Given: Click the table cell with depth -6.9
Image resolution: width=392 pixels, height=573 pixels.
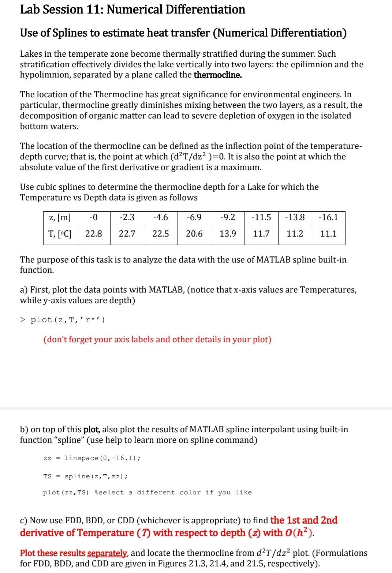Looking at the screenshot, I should tap(194, 218).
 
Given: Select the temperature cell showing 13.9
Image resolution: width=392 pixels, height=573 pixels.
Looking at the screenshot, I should tap(228, 234).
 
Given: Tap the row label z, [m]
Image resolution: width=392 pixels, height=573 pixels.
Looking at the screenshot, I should tap(60, 218).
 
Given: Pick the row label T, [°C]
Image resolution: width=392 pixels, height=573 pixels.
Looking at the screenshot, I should tap(60, 234).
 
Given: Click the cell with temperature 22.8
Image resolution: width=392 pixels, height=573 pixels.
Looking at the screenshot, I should tap(94, 234).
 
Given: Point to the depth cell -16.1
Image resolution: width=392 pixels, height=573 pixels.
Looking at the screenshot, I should tap(328, 218).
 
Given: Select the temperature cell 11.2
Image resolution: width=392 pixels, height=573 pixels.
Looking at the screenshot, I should tap(295, 234).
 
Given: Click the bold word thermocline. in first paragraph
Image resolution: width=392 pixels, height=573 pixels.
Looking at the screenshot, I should tap(218, 75).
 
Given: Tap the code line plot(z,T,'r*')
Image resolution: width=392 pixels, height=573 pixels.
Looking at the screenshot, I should tap(68, 320).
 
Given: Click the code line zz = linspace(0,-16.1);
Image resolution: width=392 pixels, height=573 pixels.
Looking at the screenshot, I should tap(92, 458).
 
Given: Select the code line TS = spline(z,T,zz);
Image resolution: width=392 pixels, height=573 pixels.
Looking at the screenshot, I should tap(86, 476).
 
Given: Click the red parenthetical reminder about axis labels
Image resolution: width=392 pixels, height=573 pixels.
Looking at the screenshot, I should tap(157, 340).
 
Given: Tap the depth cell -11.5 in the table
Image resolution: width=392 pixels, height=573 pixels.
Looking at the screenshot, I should tap(261, 218).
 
